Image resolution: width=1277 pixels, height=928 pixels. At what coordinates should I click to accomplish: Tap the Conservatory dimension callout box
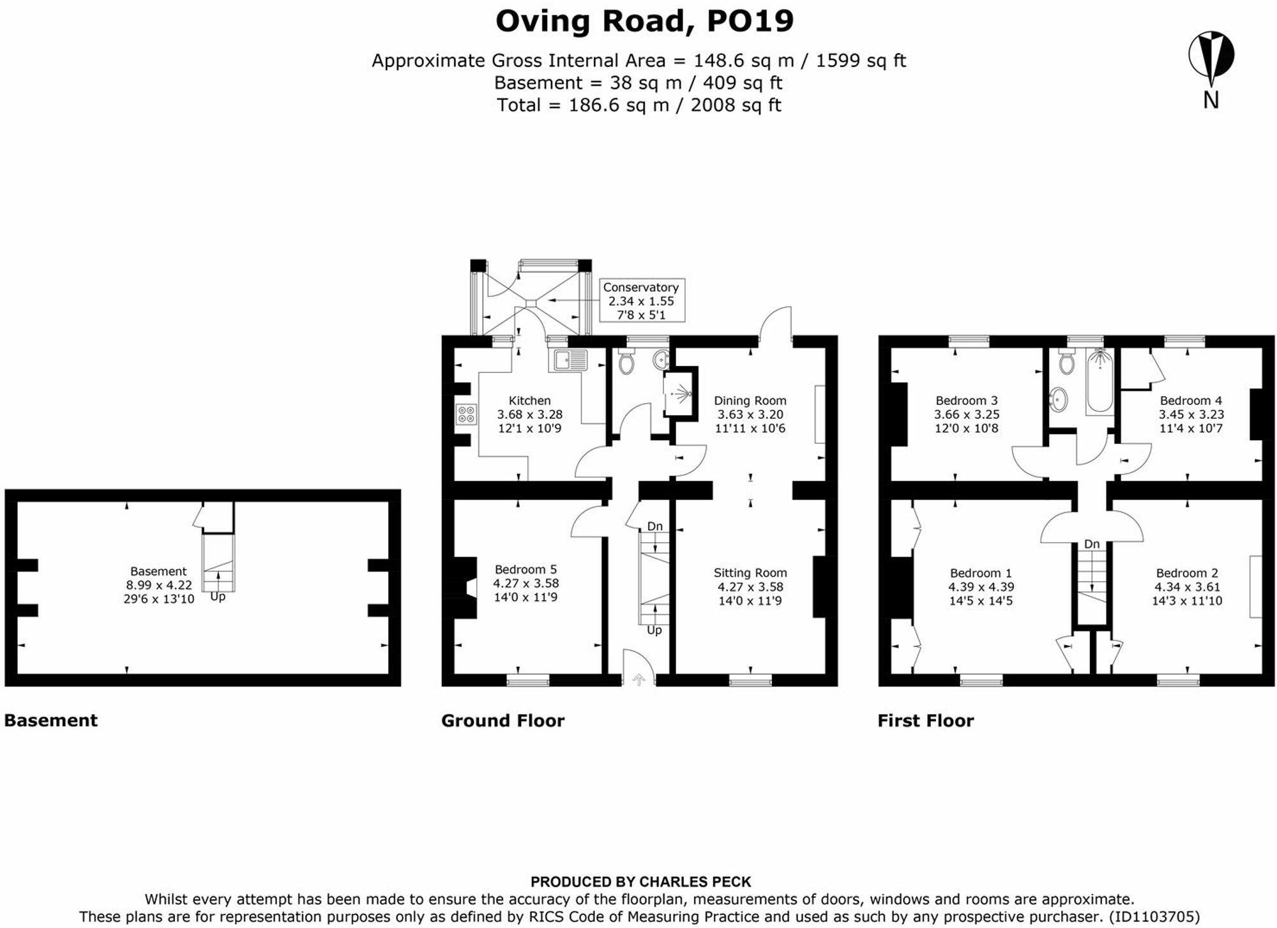click(x=641, y=300)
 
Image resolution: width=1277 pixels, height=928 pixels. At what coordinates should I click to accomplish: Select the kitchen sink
click(x=567, y=361)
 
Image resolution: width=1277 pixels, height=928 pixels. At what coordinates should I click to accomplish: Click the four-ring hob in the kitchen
click(x=466, y=414)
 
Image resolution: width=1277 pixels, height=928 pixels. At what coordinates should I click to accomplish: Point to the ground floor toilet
click(x=626, y=363)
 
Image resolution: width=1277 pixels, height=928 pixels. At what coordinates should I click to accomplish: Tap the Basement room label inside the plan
click(x=158, y=571)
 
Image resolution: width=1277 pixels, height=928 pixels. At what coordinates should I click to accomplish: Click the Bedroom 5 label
click(x=525, y=569)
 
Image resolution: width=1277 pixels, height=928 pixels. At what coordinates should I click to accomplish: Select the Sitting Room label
click(x=750, y=573)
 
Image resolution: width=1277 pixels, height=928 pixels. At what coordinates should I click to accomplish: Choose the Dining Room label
click(x=750, y=400)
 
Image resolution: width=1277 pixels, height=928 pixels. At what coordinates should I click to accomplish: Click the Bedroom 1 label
click(x=980, y=573)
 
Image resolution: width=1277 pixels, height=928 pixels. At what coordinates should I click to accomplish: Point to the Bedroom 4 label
click(x=1190, y=400)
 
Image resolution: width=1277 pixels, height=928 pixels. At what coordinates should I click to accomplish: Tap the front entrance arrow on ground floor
click(x=638, y=680)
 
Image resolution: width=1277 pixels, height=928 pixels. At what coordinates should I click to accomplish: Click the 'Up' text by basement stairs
click(x=218, y=597)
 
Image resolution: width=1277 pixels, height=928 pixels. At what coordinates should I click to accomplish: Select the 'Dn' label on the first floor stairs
click(x=1091, y=544)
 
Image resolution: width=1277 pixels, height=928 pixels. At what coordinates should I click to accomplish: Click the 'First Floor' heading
click(x=925, y=720)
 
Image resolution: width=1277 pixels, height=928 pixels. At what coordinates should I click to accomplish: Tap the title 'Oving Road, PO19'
click(x=644, y=20)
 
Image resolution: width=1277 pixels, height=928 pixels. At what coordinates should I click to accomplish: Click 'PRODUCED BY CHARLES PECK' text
click(x=640, y=882)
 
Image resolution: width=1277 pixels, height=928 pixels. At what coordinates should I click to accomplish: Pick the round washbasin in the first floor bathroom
click(x=1058, y=400)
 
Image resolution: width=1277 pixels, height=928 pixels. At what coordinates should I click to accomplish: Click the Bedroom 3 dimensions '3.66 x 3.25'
click(x=966, y=414)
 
